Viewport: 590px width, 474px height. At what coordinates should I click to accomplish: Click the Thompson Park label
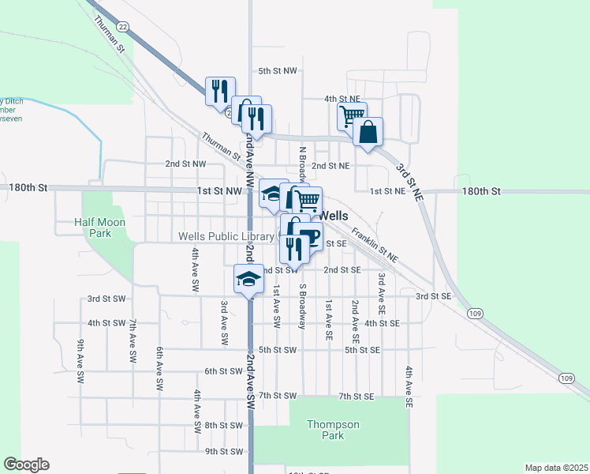(333, 430)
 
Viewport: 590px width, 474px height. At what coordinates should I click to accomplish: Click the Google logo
(26, 465)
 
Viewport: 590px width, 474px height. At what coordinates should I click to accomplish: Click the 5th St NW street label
(278, 71)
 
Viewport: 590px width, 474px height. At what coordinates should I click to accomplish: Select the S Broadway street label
(301, 301)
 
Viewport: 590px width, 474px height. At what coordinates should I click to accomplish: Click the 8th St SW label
(224, 425)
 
